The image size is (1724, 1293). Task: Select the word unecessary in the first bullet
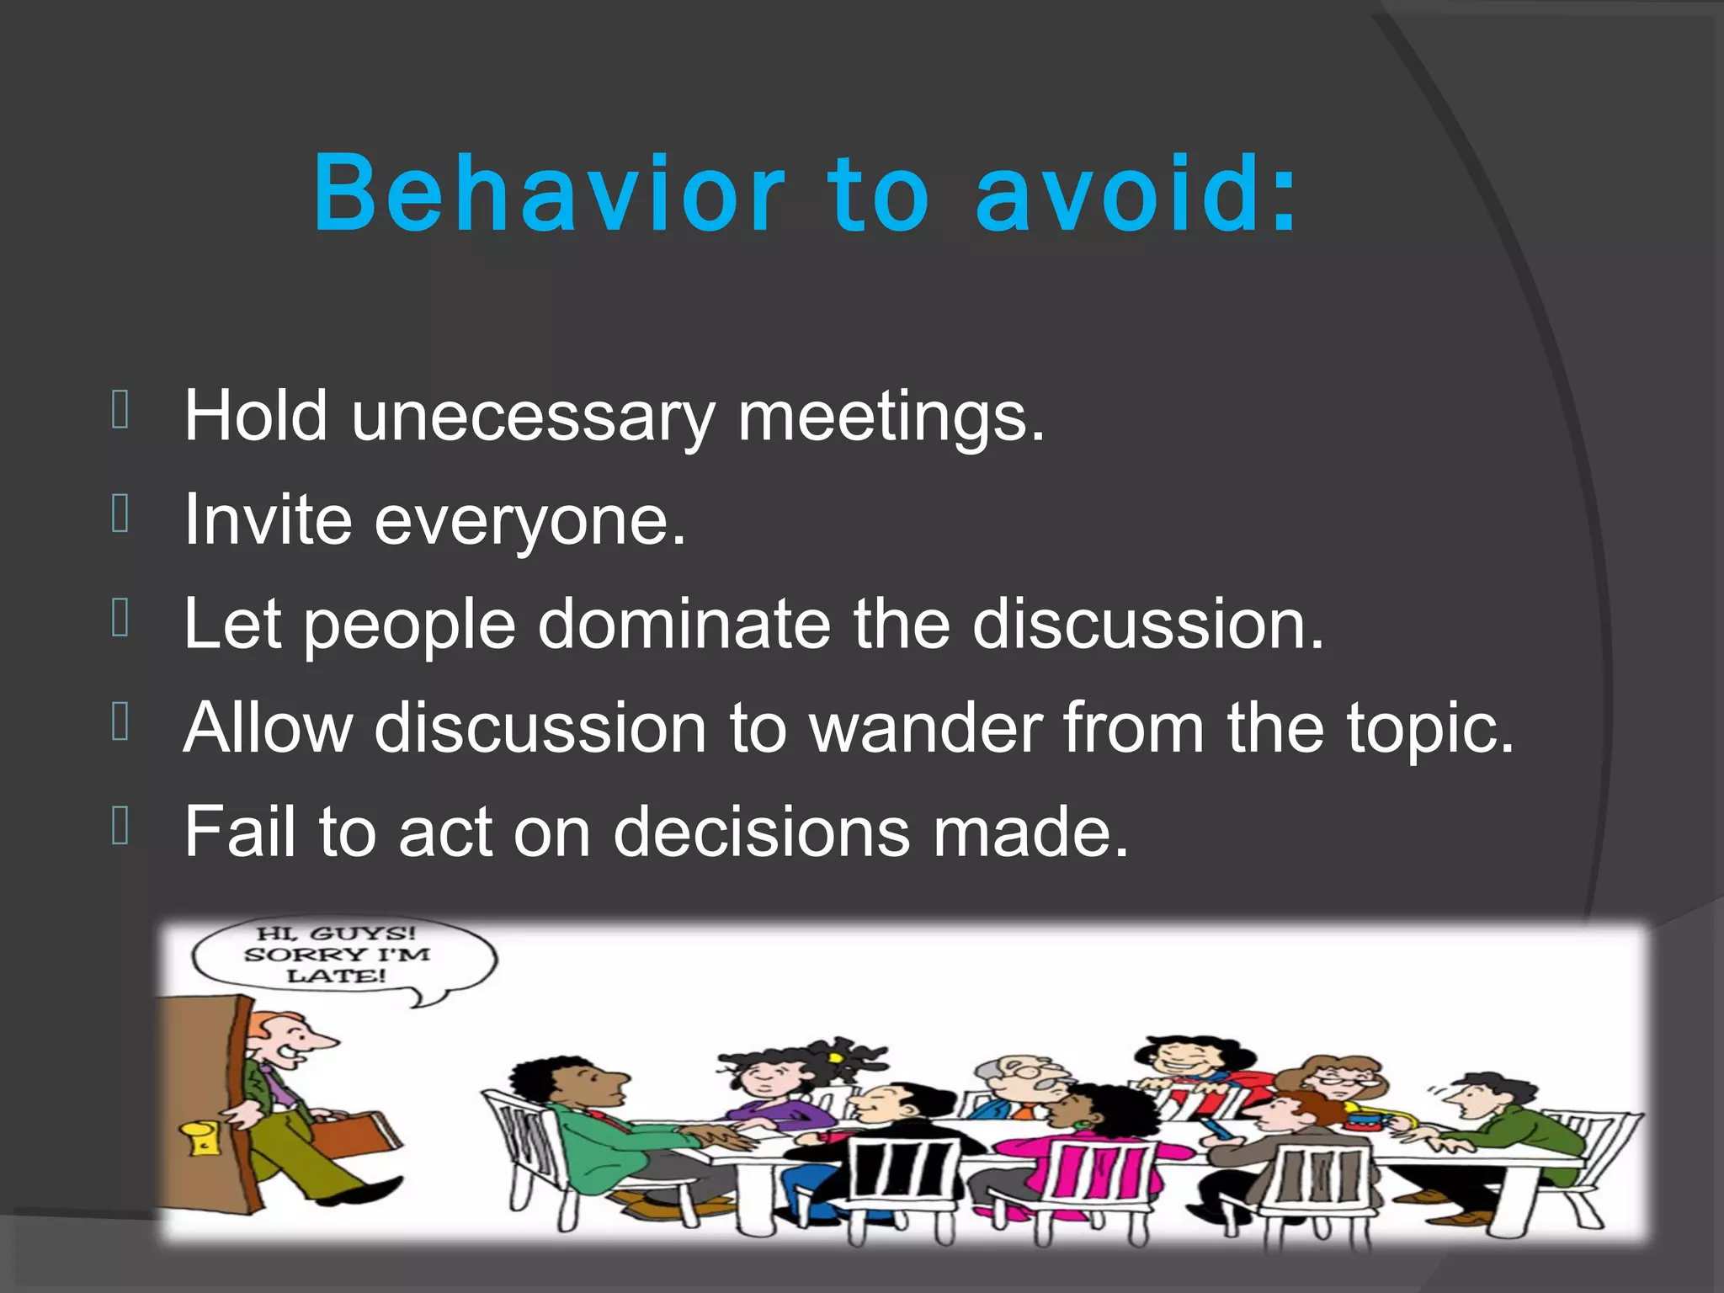point(533,417)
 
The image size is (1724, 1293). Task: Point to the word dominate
point(684,624)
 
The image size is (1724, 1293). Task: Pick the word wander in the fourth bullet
point(925,727)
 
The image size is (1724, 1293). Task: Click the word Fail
point(239,832)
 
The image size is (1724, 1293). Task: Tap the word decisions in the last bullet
point(761,832)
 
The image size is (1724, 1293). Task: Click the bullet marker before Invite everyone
point(120,514)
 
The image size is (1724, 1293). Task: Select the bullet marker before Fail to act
point(120,826)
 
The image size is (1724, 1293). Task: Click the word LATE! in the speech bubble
point(336,976)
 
